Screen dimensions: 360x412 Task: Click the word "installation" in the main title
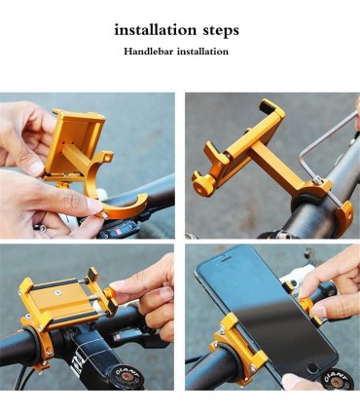coord(156,30)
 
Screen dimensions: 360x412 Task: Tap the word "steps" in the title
coord(221,31)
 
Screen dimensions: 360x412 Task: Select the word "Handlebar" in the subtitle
coord(148,52)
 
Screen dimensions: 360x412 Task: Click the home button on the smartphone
coord(312,368)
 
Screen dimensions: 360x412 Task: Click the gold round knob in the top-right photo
coord(201,185)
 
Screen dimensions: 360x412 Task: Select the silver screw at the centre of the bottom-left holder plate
coord(58,293)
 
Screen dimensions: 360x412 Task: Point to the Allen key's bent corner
coord(302,151)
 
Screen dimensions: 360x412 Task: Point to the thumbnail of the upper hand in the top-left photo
coord(35,168)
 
